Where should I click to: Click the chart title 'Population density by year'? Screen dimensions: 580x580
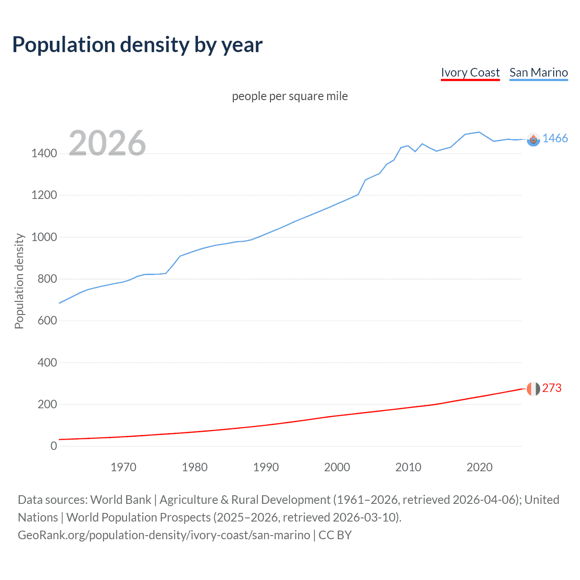(137, 45)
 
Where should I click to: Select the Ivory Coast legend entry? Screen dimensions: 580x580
(470, 72)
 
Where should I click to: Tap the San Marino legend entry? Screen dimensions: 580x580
(538, 72)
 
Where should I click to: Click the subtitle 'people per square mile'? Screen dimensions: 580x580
(290, 97)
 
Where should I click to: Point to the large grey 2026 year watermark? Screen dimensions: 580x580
(107, 143)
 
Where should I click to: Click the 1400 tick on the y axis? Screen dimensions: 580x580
(44, 154)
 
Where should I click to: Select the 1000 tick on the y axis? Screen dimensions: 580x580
(44, 237)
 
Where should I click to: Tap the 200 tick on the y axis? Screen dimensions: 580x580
(47, 404)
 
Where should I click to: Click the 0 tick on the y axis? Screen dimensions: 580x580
(53, 446)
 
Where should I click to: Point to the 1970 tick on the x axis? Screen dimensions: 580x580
(123, 467)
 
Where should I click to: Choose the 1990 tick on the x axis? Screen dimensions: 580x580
(266, 467)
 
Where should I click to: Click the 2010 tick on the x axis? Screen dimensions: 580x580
(408, 467)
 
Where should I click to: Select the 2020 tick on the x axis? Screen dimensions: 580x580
(479, 467)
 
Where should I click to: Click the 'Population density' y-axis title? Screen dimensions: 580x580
(19, 281)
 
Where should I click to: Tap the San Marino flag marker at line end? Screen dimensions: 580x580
(533, 140)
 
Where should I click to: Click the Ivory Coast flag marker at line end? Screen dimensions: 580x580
(533, 389)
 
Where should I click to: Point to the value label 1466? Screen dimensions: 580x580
(555, 139)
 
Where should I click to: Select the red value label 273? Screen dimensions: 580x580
(551, 388)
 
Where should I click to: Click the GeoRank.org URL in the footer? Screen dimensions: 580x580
(164, 535)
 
